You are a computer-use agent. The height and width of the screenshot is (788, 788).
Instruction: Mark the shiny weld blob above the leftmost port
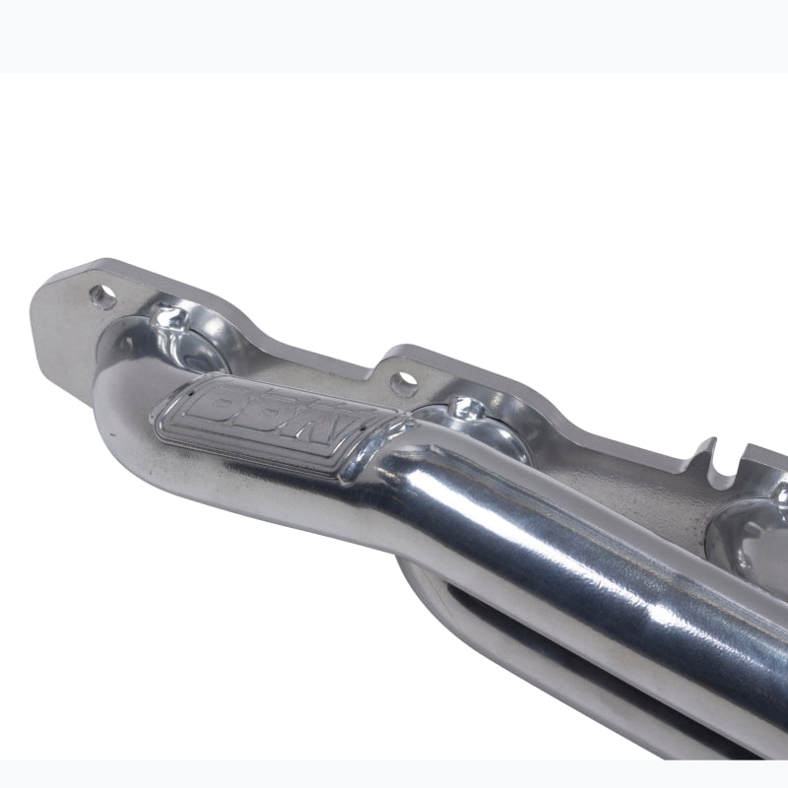coord(172,318)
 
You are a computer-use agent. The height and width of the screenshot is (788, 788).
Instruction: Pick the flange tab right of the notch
coord(763,463)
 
